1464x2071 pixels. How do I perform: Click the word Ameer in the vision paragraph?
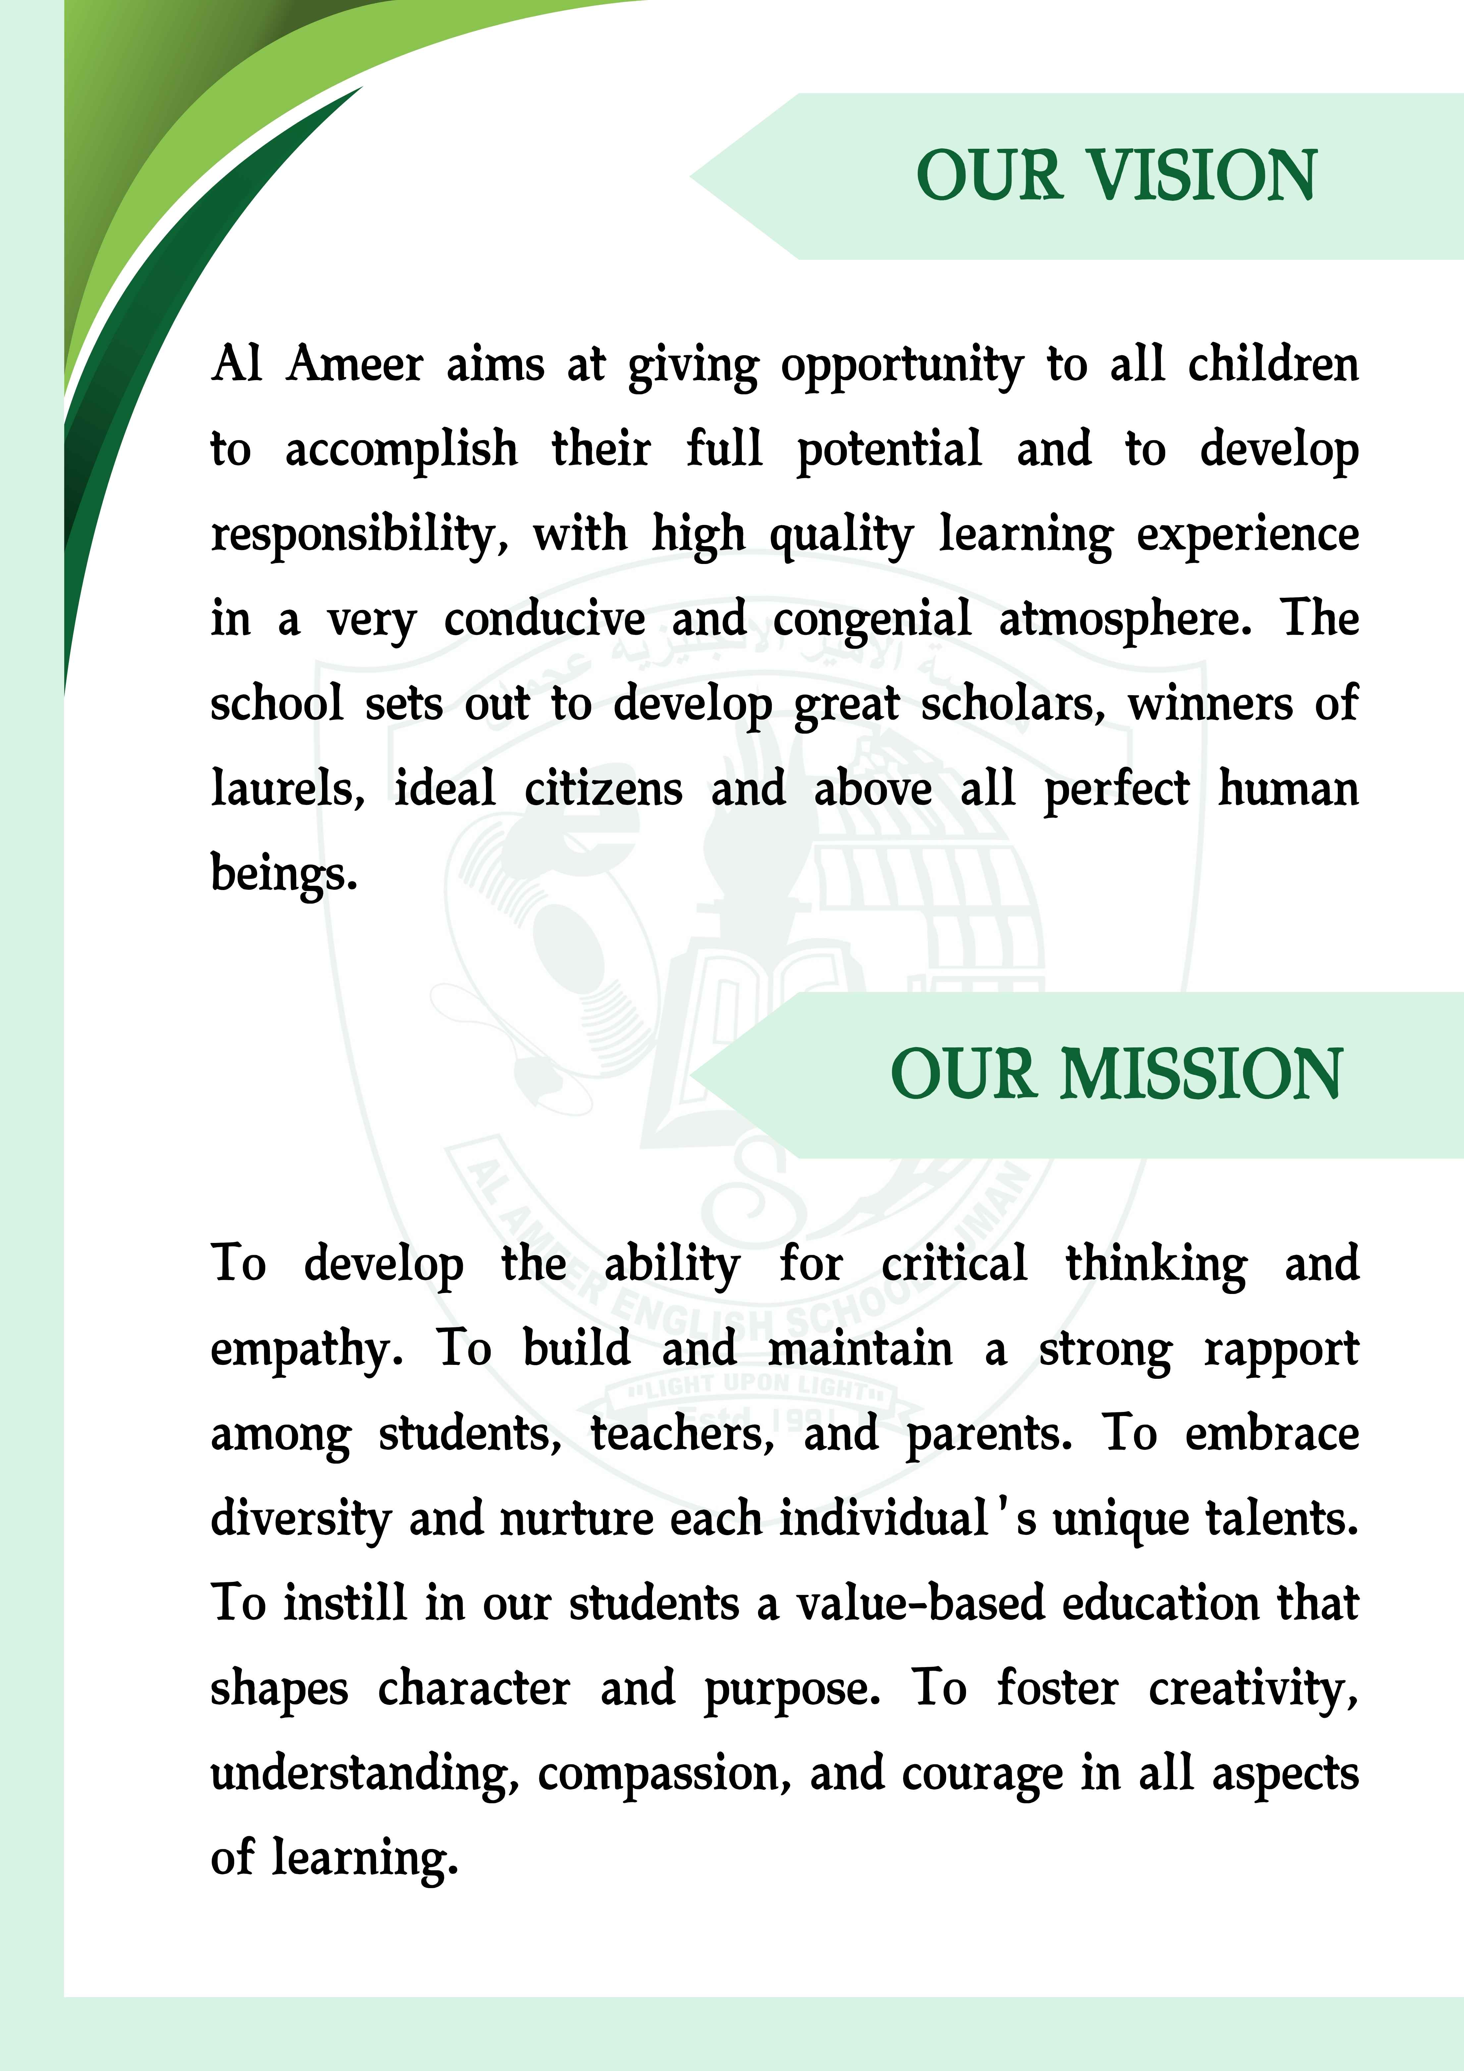(x=354, y=365)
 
